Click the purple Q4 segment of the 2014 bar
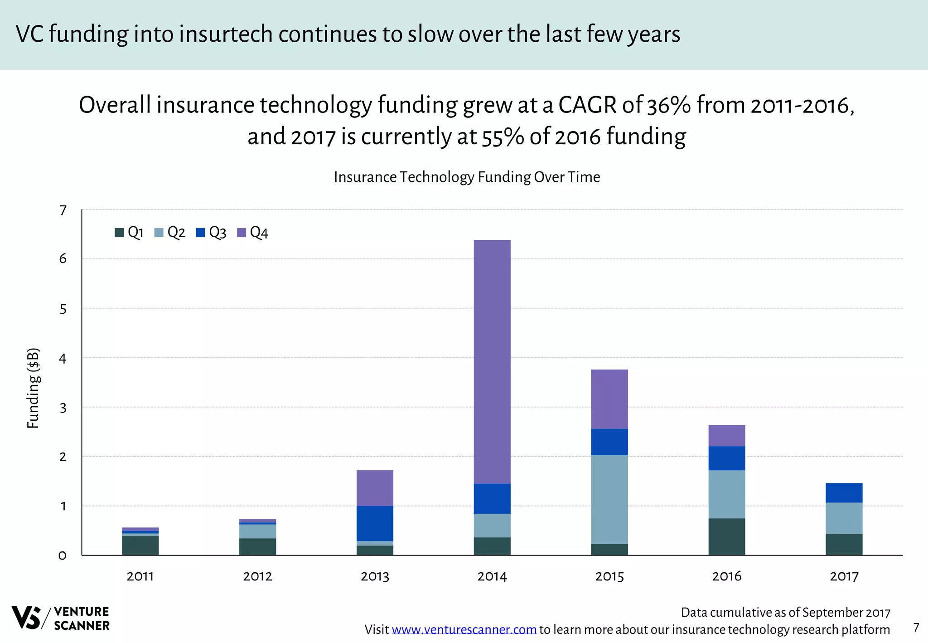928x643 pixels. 492,361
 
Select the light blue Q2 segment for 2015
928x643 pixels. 609,499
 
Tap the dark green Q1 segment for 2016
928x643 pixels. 726,536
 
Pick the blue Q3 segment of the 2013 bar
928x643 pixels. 375,523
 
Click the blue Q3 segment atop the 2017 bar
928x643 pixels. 844,492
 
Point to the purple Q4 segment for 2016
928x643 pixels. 726,435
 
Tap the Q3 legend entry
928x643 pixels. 211,233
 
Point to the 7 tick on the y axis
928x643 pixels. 63,210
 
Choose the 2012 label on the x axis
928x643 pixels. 257,576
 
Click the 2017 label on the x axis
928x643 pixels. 844,576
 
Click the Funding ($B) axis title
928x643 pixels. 33,388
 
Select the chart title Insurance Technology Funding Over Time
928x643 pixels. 467,177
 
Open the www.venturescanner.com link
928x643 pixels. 464,629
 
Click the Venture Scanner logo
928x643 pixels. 60,618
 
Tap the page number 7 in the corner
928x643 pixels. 916,628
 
